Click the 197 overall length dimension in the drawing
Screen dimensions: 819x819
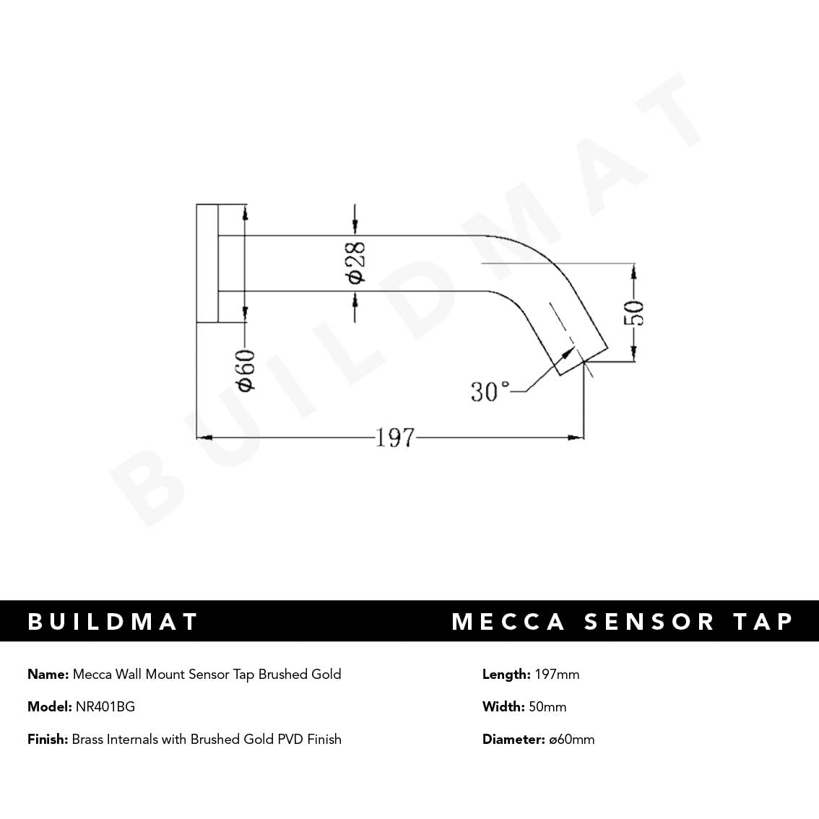click(395, 438)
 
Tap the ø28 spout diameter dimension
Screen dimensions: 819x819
click(355, 263)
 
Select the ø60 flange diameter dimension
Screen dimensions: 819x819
click(246, 370)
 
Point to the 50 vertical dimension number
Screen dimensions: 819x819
click(634, 312)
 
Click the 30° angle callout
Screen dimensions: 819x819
click(490, 392)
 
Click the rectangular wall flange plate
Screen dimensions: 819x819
click(207, 263)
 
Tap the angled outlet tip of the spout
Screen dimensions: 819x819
click(581, 359)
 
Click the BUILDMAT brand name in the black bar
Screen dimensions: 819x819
click(113, 622)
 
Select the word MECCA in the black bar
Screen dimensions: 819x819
click(508, 622)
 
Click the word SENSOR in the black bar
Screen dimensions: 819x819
click(649, 622)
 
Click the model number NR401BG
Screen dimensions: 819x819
click(105, 707)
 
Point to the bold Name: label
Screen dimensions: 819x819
click(48, 675)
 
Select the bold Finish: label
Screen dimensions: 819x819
click(48, 740)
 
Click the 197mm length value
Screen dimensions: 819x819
click(557, 675)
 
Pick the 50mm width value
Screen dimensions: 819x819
click(547, 707)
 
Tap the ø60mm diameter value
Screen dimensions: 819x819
click(571, 740)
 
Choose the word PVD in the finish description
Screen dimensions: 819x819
click(290, 740)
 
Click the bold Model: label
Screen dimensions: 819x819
click(49, 707)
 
